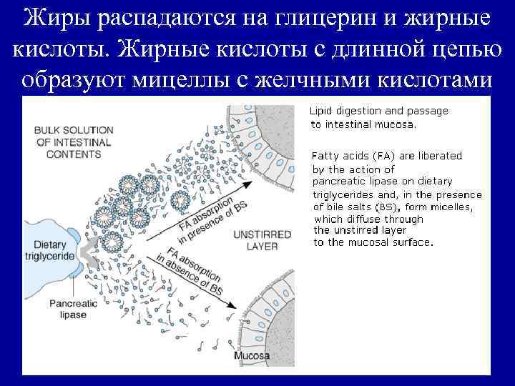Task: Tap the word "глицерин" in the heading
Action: click(308, 19)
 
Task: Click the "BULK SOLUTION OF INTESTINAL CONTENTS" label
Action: click(74, 142)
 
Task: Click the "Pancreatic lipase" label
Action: click(73, 309)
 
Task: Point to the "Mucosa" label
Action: click(251, 356)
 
